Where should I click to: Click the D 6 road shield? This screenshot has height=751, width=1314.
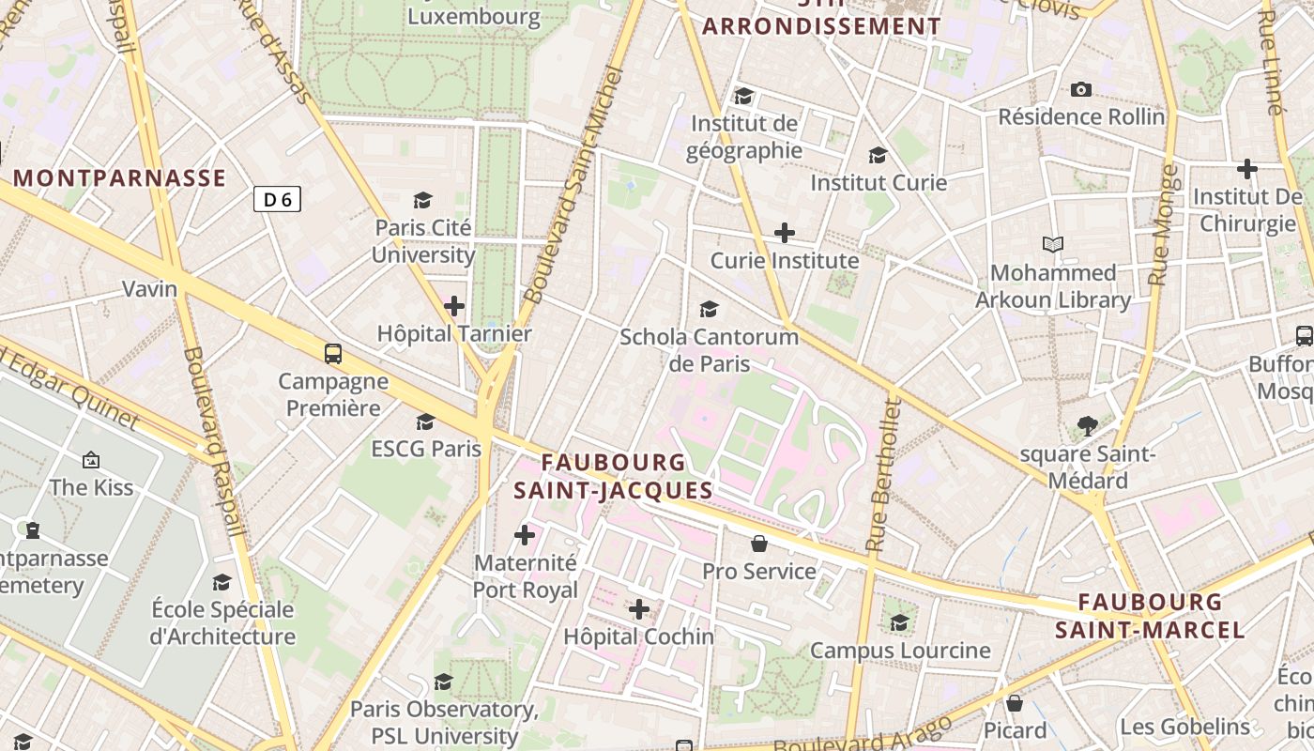coord(277,199)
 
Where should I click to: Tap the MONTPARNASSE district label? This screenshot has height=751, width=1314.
coord(119,178)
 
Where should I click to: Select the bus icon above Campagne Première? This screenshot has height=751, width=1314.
coord(333,354)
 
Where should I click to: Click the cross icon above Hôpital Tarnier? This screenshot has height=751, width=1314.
coord(454,306)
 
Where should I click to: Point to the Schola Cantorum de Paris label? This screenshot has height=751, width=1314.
coord(709,349)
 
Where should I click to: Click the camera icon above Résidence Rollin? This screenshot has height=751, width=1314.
coord(1081,90)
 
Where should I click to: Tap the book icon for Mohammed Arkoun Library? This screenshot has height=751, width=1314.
coord(1053,245)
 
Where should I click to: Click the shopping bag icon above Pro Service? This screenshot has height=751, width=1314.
coord(759,544)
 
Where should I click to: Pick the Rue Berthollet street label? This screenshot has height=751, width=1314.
coord(883,474)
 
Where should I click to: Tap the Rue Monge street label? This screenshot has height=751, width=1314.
coord(1163,225)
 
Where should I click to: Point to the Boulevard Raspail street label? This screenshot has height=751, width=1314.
coord(215,441)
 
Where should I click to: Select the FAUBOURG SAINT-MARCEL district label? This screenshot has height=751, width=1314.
coord(1150,616)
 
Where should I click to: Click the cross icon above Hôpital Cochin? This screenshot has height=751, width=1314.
coord(639,609)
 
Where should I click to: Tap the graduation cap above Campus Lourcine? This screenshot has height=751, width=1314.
coord(899,622)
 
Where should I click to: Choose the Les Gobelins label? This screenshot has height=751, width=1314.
coord(1185,727)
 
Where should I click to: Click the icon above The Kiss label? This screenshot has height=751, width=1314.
coord(91,460)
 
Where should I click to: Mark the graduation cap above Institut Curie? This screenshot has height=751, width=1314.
coord(878,155)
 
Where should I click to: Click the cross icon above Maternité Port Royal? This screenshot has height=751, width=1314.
coord(525,535)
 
